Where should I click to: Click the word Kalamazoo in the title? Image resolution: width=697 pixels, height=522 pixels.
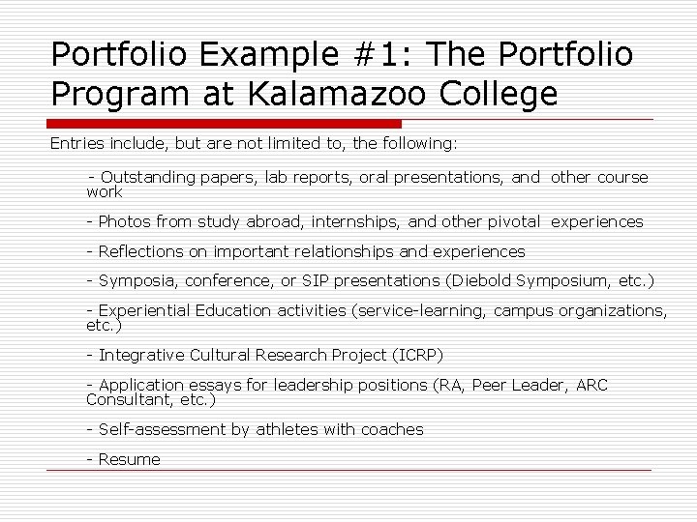[x=331, y=95]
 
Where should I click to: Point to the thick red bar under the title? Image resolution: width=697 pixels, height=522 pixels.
[x=226, y=124]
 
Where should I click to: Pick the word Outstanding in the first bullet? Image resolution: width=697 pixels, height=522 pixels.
[x=147, y=177]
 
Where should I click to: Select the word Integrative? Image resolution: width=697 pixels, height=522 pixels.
[x=141, y=355]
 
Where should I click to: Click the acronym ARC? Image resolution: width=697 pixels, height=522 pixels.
[x=591, y=385]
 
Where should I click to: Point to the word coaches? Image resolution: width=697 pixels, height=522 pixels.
[x=392, y=429]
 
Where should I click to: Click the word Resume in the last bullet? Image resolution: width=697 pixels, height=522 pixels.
[x=129, y=459]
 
